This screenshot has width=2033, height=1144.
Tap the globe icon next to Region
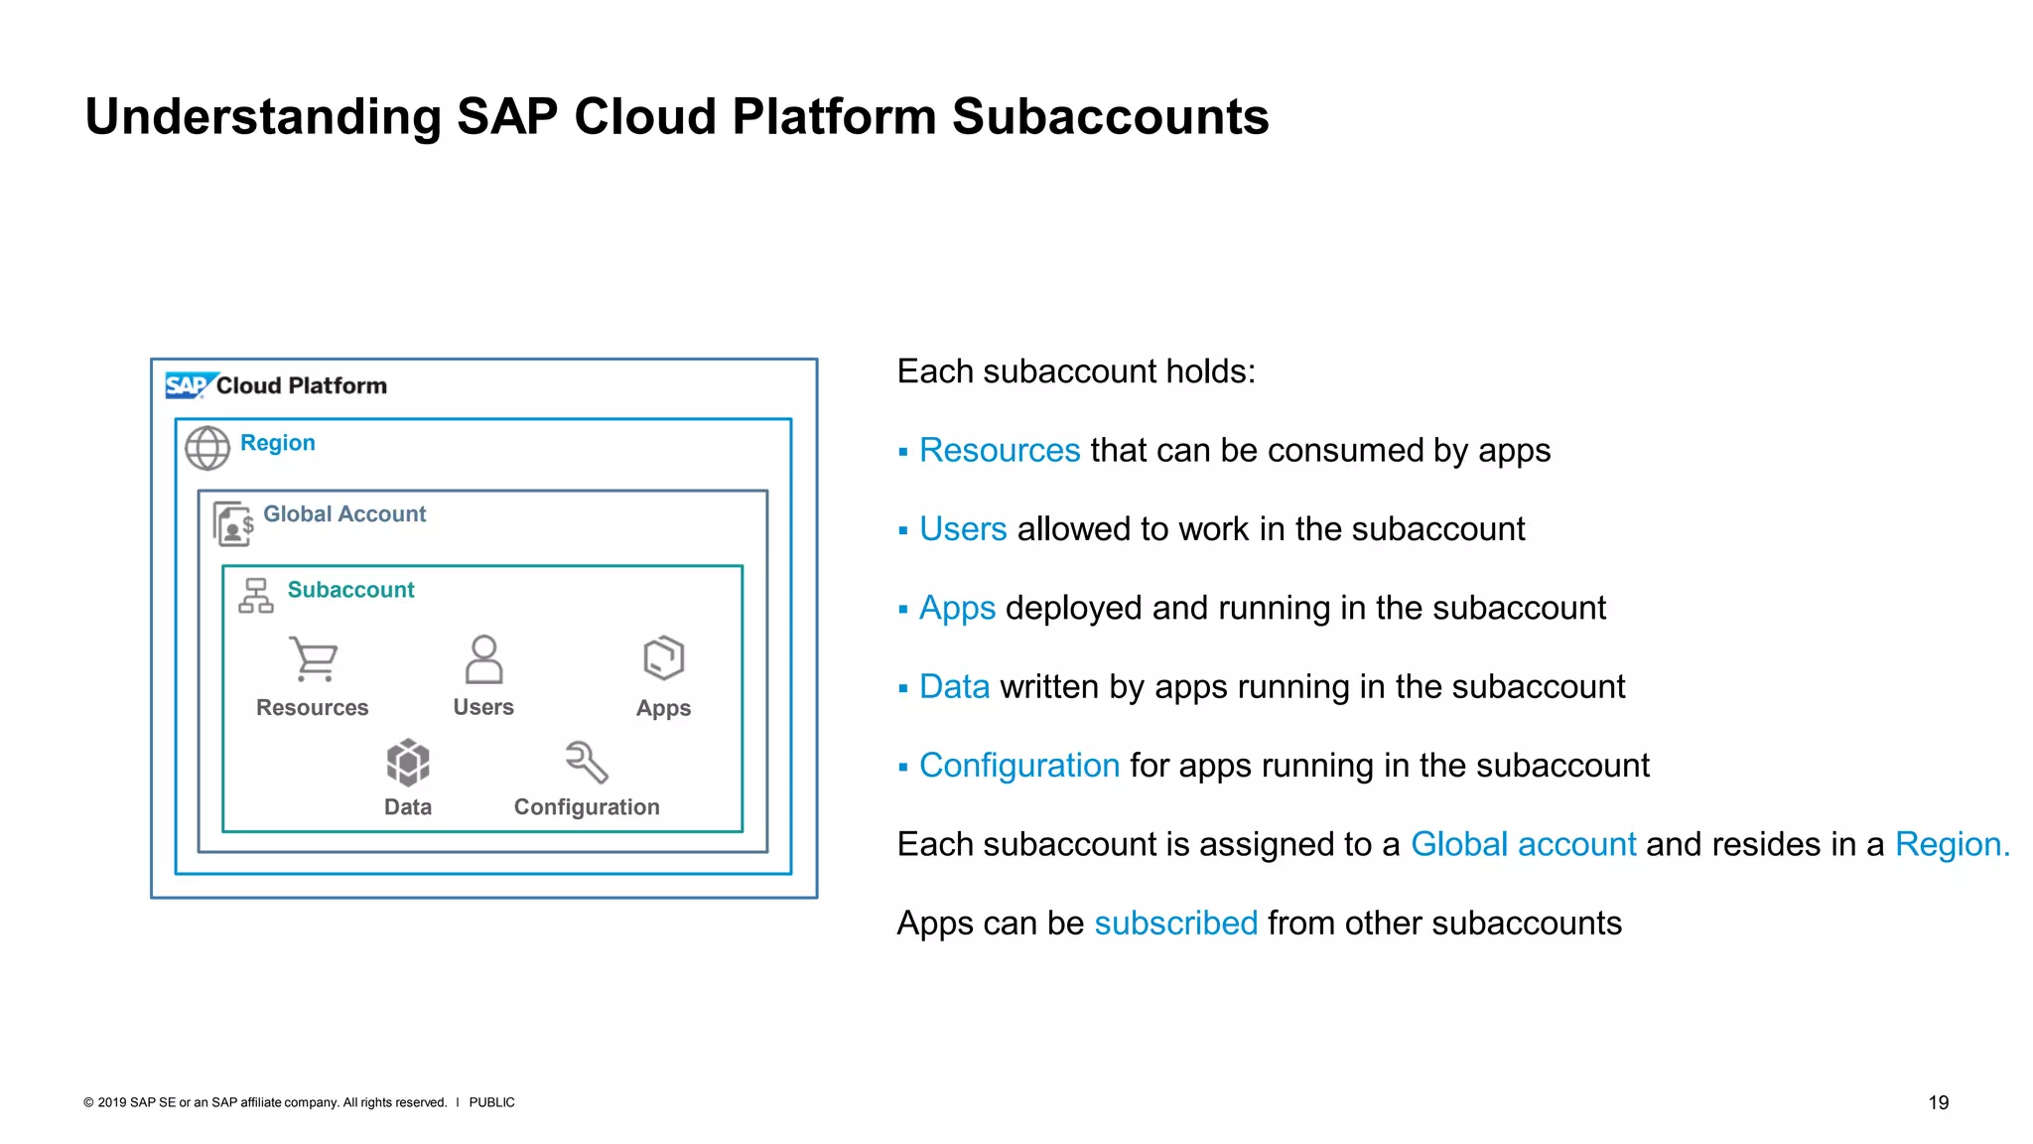coord(207,448)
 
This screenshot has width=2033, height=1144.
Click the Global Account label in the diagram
coord(344,513)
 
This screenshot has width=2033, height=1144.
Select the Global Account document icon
coord(233,523)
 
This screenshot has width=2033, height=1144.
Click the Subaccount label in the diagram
coord(350,590)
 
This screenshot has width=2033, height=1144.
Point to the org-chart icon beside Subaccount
coord(256,596)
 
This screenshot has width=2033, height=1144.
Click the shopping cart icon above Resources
coord(314,658)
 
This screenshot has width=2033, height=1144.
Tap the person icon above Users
coord(483,659)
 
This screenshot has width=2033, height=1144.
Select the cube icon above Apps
coord(663,657)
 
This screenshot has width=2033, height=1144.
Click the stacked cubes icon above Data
coord(408,763)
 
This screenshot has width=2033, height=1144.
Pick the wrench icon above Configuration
coord(587,762)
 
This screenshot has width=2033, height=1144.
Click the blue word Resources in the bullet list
coord(999,451)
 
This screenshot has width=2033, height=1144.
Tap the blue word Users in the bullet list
coord(962,529)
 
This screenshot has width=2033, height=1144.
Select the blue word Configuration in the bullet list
coord(1018,766)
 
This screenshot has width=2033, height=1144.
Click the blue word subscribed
coord(1175,924)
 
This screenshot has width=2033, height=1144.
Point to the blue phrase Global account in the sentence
coord(1523,844)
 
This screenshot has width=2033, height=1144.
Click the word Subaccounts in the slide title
coord(1110,117)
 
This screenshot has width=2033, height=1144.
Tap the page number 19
coord(1938,1102)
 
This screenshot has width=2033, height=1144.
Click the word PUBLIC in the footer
coord(491,1102)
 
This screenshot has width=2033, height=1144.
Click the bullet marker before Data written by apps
coord(903,688)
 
